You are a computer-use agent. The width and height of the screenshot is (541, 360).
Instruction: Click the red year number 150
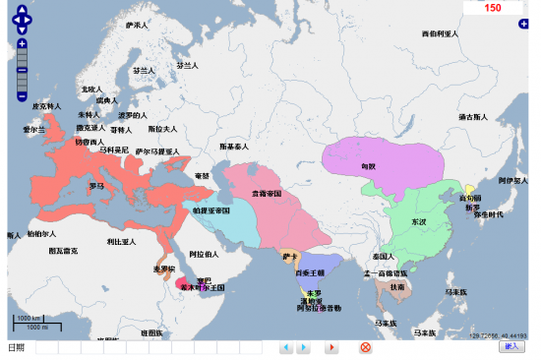492,8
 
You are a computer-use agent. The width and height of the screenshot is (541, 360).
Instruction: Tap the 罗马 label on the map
96,185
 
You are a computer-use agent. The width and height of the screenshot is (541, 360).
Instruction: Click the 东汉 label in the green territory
418,223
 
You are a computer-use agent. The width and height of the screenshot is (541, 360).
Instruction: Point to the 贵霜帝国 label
267,194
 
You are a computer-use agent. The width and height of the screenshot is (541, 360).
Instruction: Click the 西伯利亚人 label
441,33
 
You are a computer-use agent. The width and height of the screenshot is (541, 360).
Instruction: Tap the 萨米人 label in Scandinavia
136,25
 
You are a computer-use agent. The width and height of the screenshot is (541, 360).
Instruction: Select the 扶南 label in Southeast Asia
397,287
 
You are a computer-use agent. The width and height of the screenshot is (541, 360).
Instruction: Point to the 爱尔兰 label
34,130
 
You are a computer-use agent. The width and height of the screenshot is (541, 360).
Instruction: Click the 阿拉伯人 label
204,254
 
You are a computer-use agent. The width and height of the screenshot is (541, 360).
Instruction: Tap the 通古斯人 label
473,117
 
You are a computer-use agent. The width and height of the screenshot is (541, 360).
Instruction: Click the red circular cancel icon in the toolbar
365,347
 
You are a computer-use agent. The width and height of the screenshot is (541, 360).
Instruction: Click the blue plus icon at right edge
524,23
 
